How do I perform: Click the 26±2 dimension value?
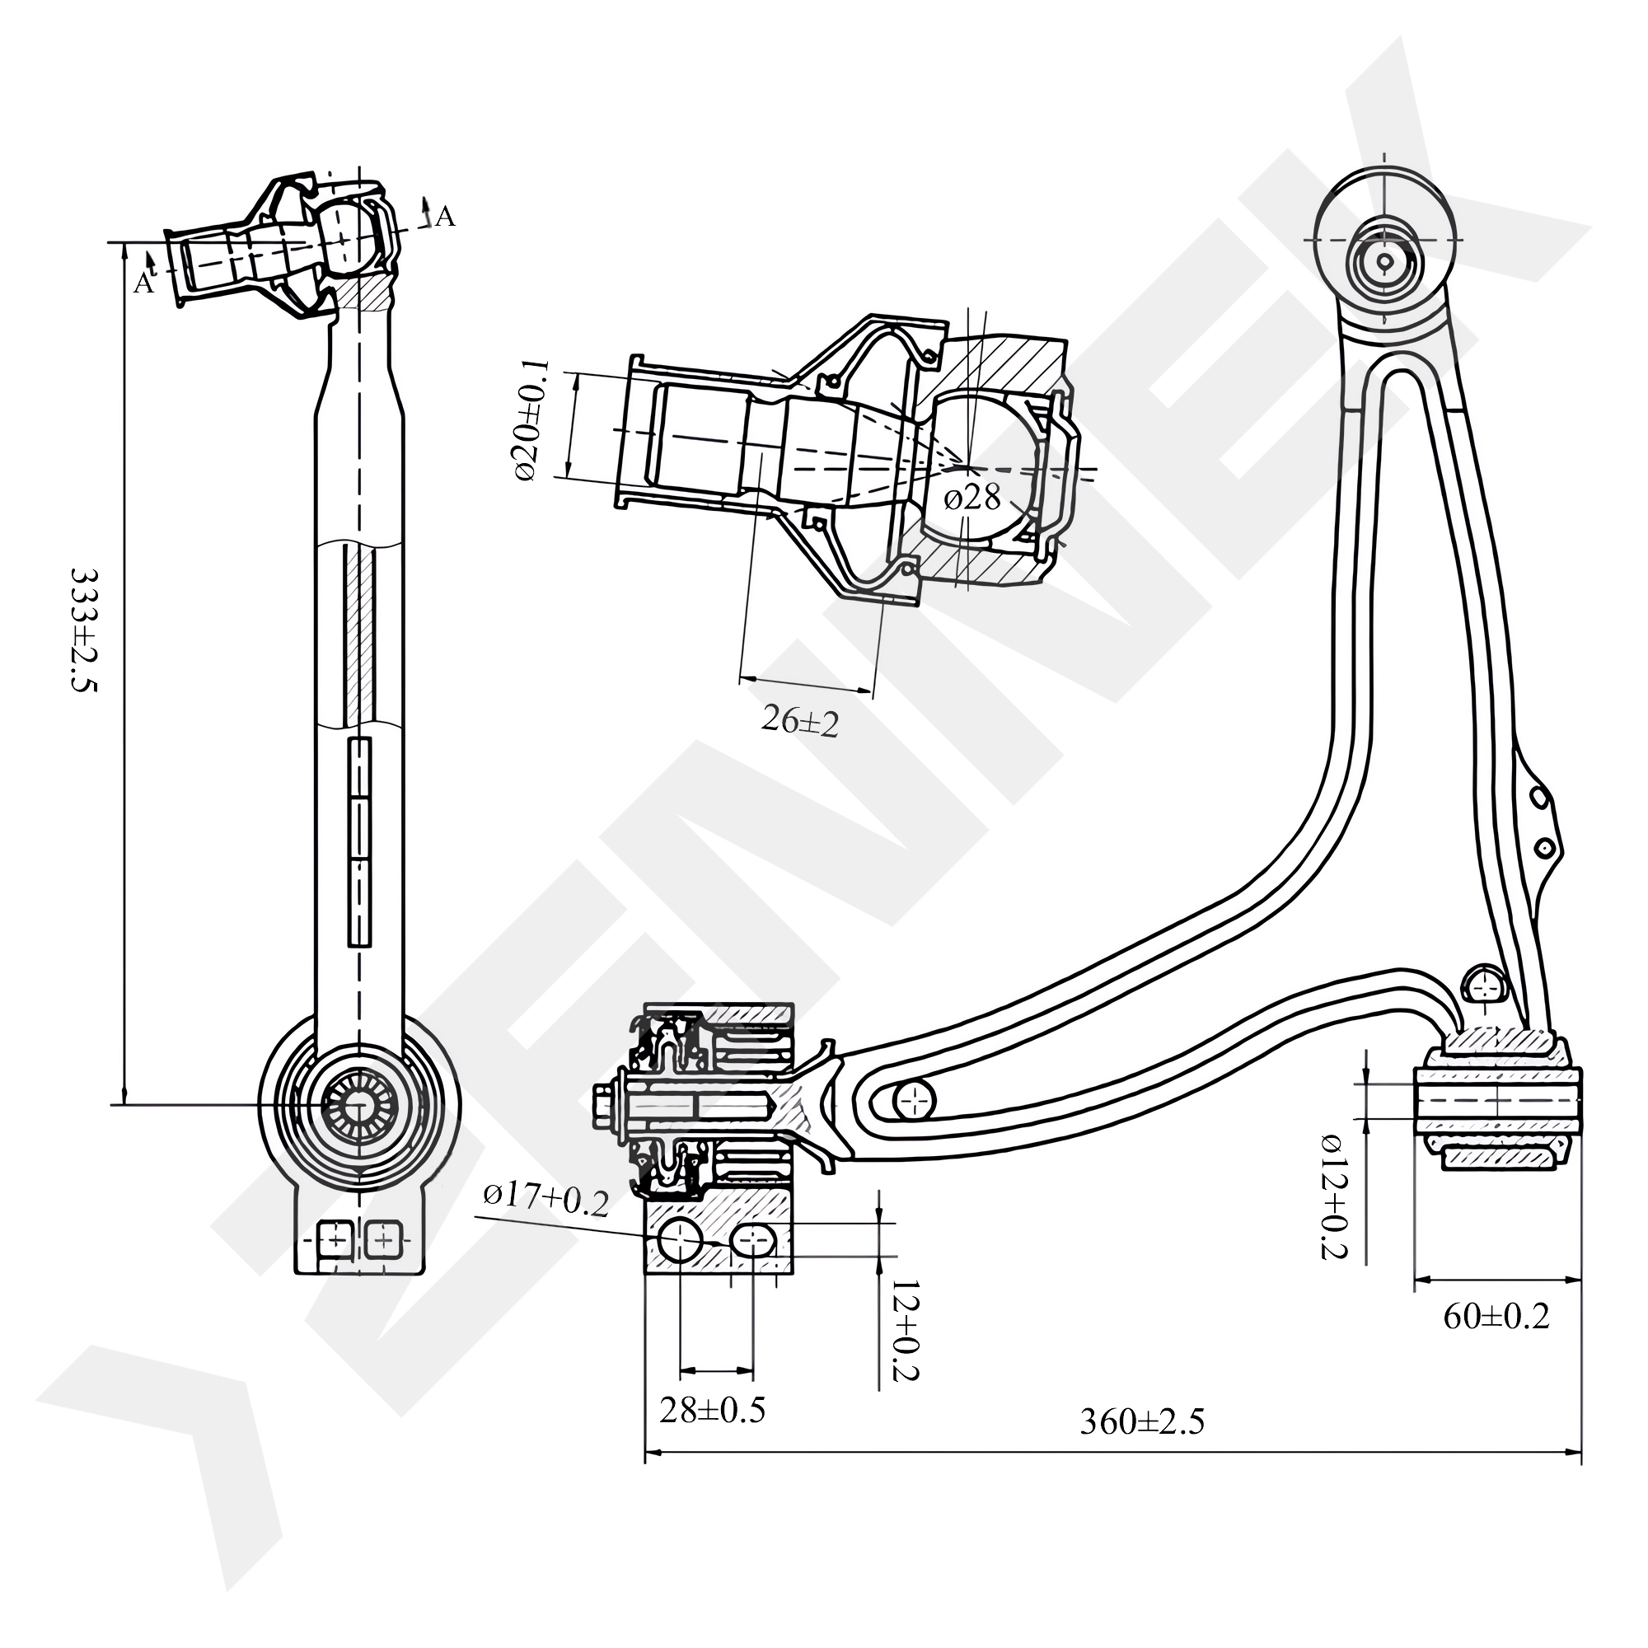pos(800,723)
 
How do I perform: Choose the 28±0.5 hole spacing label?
pos(712,1410)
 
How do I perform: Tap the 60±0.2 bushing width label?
pos(1496,1317)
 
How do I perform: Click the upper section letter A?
pos(444,218)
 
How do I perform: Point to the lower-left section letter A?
pos(143,283)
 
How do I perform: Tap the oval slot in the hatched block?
pos(753,1241)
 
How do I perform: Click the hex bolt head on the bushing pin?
pos(604,1107)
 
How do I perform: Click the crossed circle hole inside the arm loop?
pos(915,1101)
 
